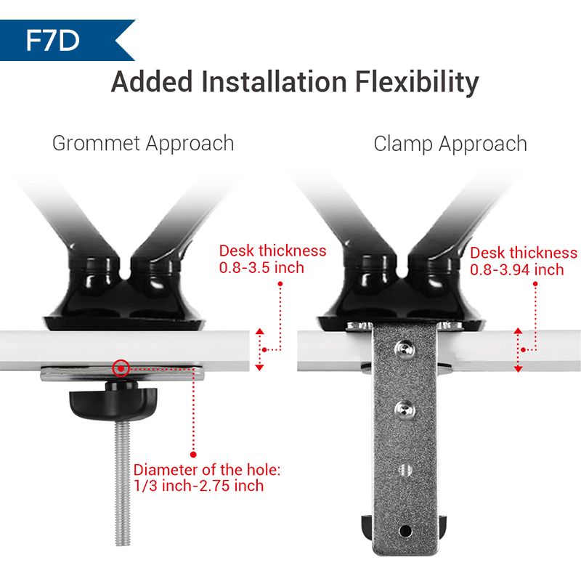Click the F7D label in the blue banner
52,41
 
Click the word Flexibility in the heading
417,81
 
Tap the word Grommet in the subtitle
96,143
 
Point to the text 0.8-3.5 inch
261,267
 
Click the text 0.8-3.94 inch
517,269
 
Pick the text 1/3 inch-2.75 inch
199,485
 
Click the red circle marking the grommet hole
121,368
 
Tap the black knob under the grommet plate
113,402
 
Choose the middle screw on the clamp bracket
405,408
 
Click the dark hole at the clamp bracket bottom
405,531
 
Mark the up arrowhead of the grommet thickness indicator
259,331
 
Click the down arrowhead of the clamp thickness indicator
518,369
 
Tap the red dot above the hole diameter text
193,455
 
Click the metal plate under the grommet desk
122,374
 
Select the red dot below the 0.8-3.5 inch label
280,284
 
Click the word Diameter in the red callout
166,470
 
